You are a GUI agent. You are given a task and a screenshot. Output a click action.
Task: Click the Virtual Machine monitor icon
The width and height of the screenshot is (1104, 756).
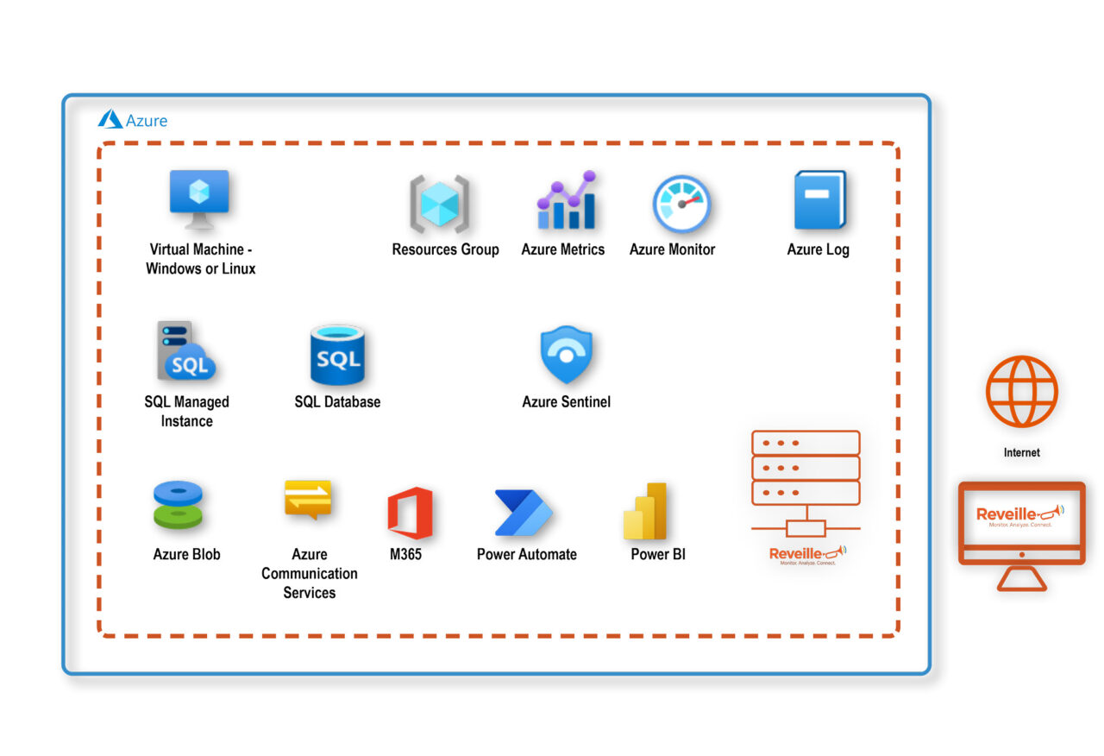pos(199,198)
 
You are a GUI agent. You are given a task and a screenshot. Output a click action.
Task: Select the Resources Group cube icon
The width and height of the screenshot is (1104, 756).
pos(440,205)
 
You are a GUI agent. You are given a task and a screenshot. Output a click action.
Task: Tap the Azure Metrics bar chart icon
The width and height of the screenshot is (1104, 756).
pos(566,201)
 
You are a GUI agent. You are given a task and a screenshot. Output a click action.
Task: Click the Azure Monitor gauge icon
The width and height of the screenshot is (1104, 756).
pos(681,205)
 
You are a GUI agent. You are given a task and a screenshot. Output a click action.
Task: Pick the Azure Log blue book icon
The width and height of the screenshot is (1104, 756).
pos(819,200)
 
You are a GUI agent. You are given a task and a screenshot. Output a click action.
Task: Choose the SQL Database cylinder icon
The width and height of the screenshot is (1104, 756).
pos(337,355)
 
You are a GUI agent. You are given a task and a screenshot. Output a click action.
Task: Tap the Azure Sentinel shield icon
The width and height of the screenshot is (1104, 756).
pos(566,355)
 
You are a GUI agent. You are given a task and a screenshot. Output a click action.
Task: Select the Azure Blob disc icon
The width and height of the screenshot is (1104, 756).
pos(178,505)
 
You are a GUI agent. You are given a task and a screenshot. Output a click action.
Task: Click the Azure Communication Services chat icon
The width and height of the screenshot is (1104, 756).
pos(308,500)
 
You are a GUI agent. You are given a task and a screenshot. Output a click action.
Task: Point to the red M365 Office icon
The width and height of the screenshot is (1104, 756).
pos(410,513)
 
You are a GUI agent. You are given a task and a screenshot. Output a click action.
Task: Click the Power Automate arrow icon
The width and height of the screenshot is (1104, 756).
pos(524,513)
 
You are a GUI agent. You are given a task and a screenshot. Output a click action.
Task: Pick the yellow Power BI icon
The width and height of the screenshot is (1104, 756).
pos(646,512)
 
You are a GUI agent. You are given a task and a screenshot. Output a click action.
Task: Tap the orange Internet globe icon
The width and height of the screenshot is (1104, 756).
pos(1022,391)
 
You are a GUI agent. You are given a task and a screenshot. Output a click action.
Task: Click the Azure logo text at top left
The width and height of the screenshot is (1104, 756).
pos(133,120)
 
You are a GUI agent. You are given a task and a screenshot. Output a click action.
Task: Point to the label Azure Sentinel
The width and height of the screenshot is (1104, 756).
pos(566,402)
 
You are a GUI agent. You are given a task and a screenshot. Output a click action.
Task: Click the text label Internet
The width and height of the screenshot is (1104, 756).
pos(1022,452)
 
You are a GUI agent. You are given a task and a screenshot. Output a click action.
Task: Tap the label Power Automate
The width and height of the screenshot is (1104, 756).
pos(526,555)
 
